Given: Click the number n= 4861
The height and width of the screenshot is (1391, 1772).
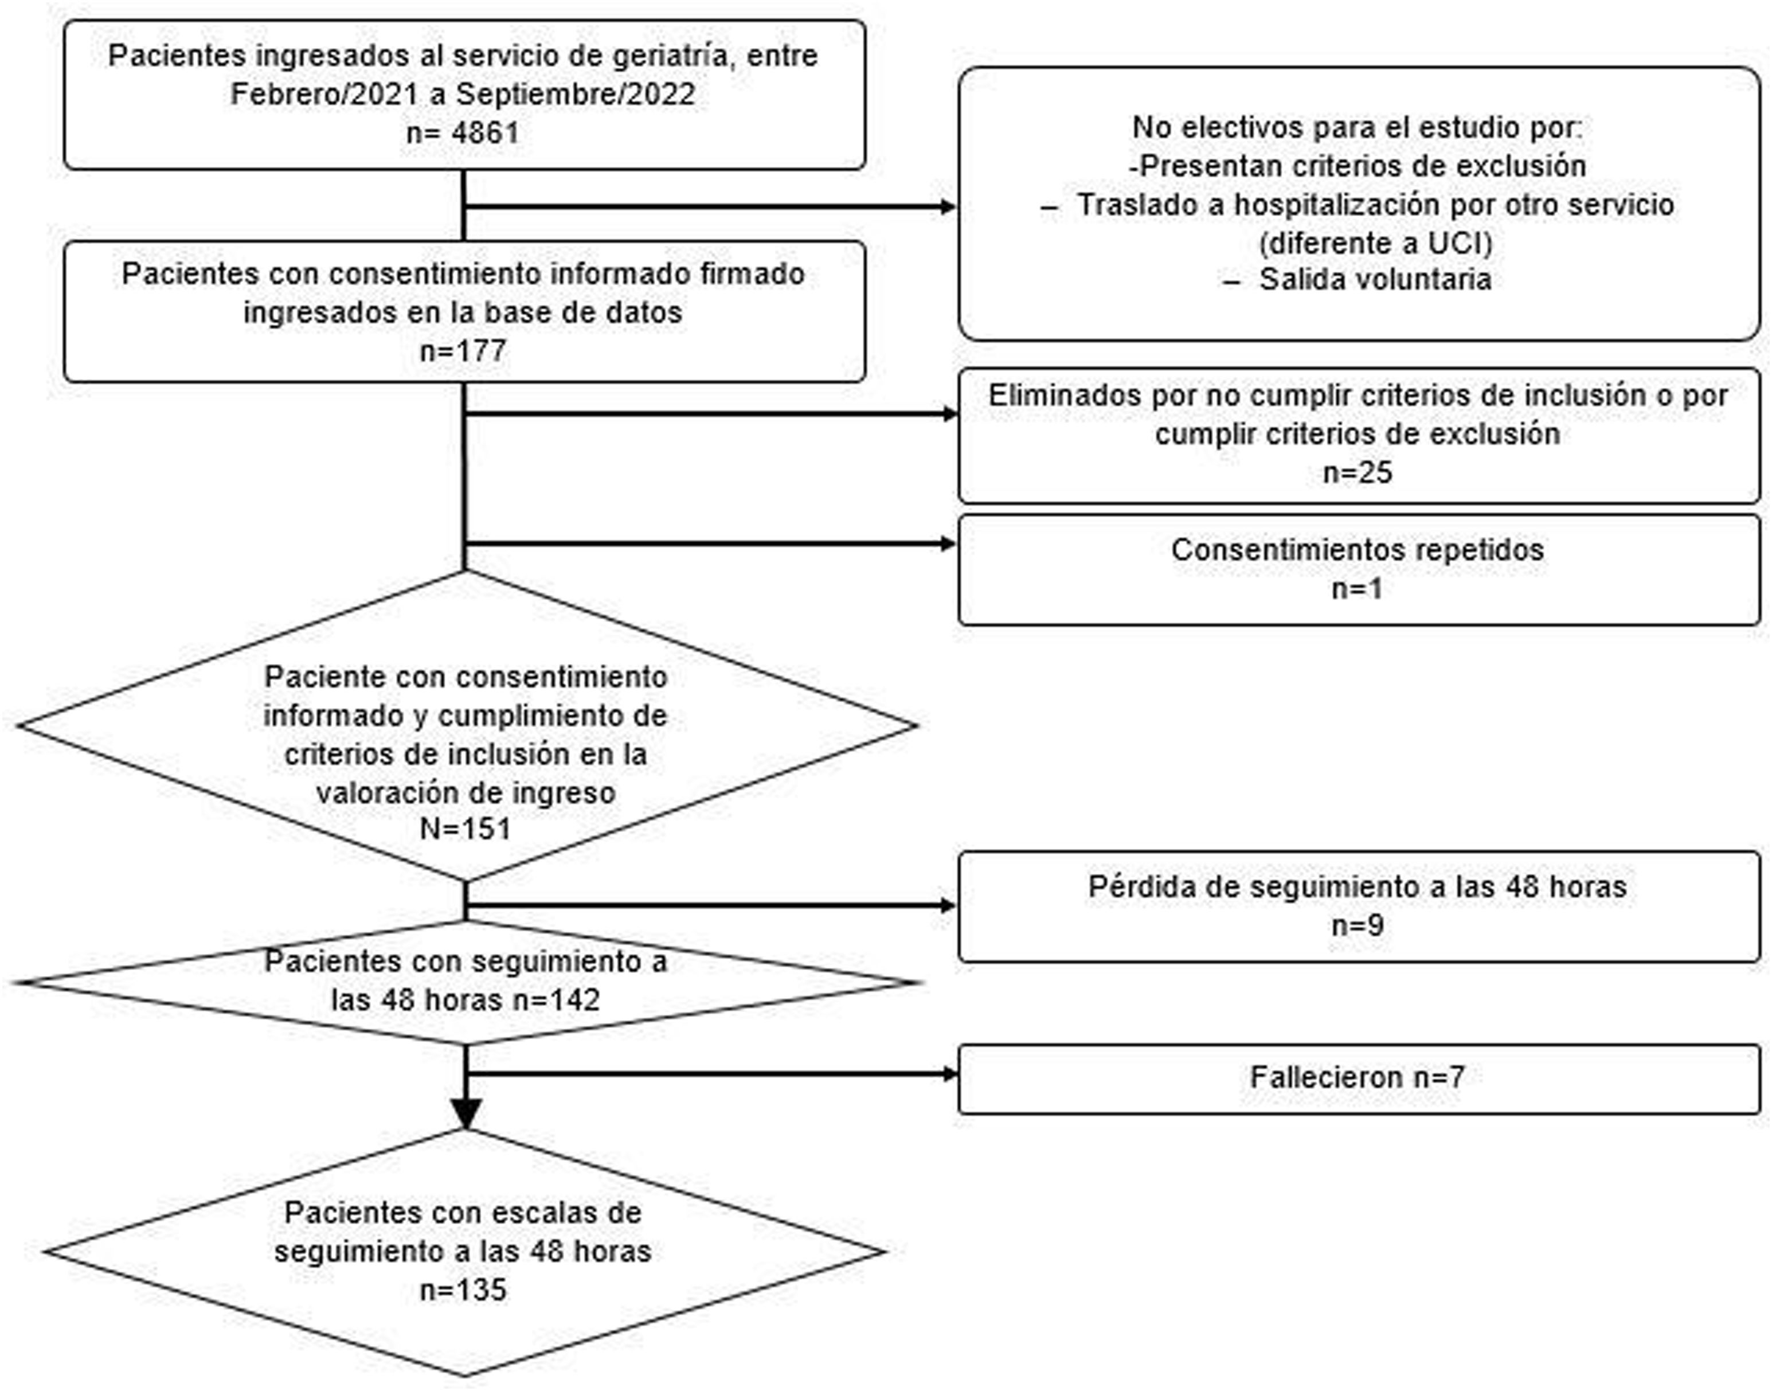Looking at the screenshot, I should click(x=463, y=132).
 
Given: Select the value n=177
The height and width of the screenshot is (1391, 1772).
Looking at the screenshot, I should click(x=463, y=351).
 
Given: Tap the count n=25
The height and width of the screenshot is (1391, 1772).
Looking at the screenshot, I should click(x=1358, y=472).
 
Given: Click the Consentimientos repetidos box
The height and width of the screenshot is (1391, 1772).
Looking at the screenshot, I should click(x=1358, y=568).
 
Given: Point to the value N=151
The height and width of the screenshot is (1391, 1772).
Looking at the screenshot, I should click(x=465, y=829).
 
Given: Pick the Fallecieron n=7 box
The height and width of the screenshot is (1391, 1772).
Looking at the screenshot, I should click(x=1358, y=1079).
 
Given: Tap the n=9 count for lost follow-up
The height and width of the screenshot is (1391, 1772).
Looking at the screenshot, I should click(x=1358, y=926).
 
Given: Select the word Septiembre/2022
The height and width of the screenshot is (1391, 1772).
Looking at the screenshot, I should click(x=575, y=93).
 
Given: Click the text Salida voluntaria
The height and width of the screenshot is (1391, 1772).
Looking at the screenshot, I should click(x=1375, y=279).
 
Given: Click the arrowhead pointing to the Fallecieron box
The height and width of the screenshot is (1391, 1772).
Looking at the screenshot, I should click(x=949, y=1074).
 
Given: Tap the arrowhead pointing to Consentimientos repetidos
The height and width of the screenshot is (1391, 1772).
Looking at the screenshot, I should click(x=949, y=543).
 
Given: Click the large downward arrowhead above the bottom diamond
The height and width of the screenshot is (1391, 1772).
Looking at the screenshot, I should click(x=465, y=1113).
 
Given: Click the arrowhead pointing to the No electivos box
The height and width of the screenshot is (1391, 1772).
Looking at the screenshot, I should click(x=949, y=207).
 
